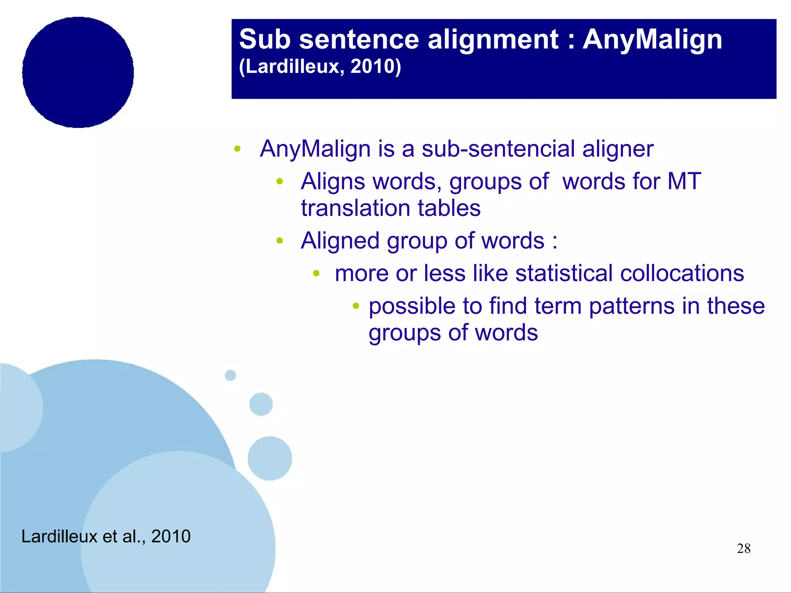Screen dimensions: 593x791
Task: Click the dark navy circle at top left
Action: click(78, 72)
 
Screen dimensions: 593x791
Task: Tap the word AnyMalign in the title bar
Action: click(652, 40)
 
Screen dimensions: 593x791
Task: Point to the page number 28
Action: click(743, 549)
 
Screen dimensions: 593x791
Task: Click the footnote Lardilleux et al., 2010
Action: click(106, 536)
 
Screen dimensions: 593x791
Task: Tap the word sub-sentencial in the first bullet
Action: click(498, 149)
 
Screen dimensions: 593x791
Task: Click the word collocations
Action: click(682, 273)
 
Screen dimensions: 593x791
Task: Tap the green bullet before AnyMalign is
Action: click(238, 149)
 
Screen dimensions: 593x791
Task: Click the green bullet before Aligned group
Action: click(280, 241)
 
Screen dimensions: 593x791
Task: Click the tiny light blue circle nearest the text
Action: click(230, 375)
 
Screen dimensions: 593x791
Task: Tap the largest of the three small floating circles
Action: click(270, 458)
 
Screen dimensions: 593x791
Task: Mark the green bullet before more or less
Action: click(316, 274)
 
